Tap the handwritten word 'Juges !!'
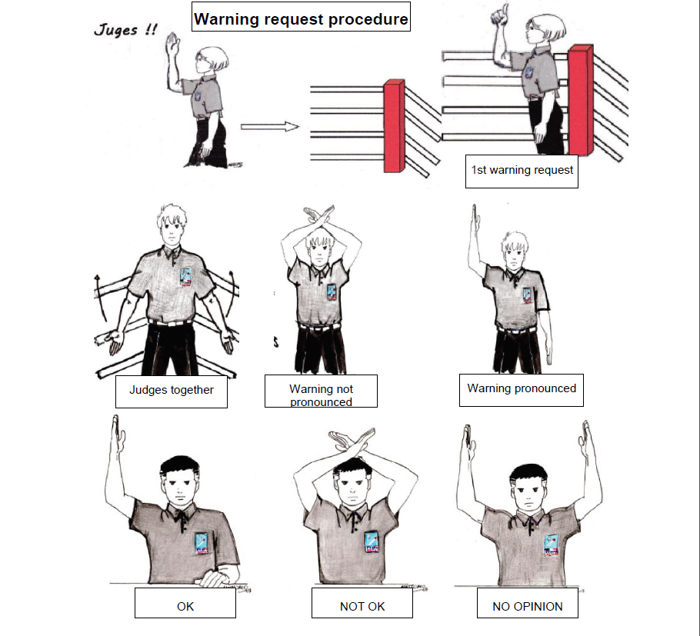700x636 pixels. tap(125, 29)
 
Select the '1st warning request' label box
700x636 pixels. tap(522, 171)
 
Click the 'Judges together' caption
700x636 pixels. tap(172, 391)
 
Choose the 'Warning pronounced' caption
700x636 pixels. tap(522, 390)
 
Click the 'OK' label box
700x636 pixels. tap(185, 603)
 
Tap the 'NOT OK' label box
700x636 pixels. tap(362, 603)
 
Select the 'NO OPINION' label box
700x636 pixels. tap(527, 603)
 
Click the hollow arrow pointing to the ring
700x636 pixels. tap(270, 127)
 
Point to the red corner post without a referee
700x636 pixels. tap(394, 126)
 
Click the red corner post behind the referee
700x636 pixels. tap(580, 100)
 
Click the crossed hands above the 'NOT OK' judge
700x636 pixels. tap(352, 441)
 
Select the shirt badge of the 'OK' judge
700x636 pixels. tap(202, 543)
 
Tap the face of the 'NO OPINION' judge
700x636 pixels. tap(528, 493)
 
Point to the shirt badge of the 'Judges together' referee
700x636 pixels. tap(185, 277)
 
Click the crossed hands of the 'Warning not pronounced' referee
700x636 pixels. tap(318, 215)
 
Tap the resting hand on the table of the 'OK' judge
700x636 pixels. tap(215, 578)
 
